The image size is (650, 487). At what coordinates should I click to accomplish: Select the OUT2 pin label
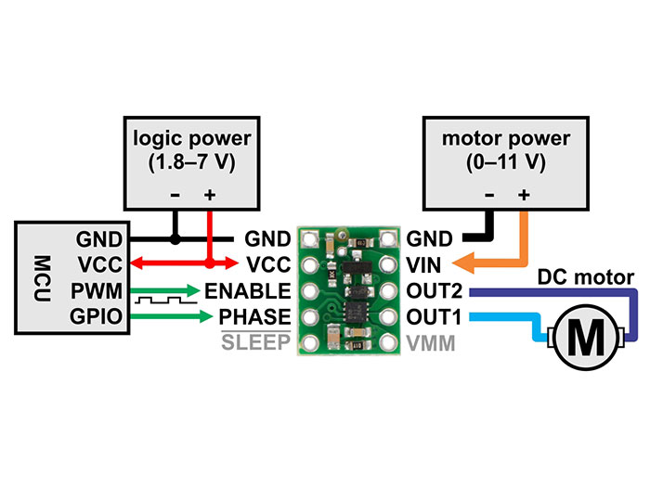coord(428,292)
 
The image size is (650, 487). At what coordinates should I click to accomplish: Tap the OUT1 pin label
coord(428,317)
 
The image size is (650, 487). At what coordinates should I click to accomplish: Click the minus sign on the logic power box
coord(175,196)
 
